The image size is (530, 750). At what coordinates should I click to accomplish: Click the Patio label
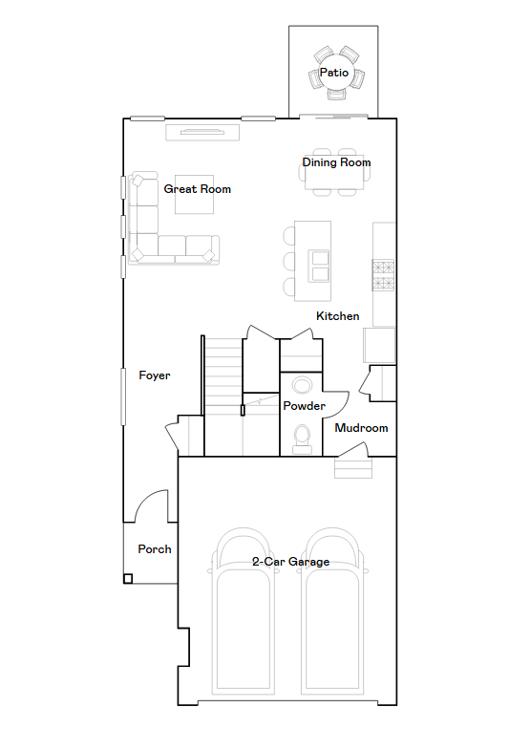(333, 73)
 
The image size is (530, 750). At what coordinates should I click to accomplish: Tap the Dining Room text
(336, 162)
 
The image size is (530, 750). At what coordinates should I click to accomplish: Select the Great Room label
(197, 189)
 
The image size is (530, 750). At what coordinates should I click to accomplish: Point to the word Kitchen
(338, 316)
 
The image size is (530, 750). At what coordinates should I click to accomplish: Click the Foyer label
(155, 375)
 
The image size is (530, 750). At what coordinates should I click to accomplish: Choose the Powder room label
(304, 406)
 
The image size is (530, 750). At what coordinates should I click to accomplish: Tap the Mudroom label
(361, 428)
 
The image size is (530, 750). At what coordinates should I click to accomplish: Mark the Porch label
(155, 549)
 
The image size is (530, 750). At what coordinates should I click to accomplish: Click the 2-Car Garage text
(290, 562)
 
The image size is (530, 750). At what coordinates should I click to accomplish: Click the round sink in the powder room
(303, 385)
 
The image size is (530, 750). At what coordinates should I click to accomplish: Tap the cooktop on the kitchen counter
(383, 274)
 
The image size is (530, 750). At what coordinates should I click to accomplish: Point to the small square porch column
(128, 578)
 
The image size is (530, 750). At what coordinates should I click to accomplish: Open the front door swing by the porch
(154, 506)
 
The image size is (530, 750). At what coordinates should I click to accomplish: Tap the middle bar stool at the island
(289, 261)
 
